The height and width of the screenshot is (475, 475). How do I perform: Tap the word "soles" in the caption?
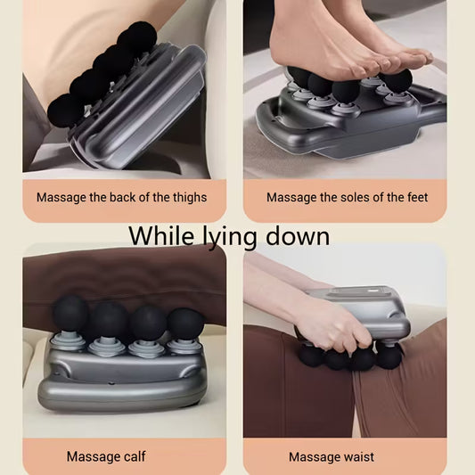[358, 197]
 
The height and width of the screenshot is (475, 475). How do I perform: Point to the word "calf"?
[134, 457]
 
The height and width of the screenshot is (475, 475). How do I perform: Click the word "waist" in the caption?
[356, 457]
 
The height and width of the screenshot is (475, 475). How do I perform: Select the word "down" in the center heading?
[299, 236]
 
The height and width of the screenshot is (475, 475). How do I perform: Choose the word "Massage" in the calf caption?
[91, 457]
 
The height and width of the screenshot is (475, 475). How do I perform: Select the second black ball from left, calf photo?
[109, 319]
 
